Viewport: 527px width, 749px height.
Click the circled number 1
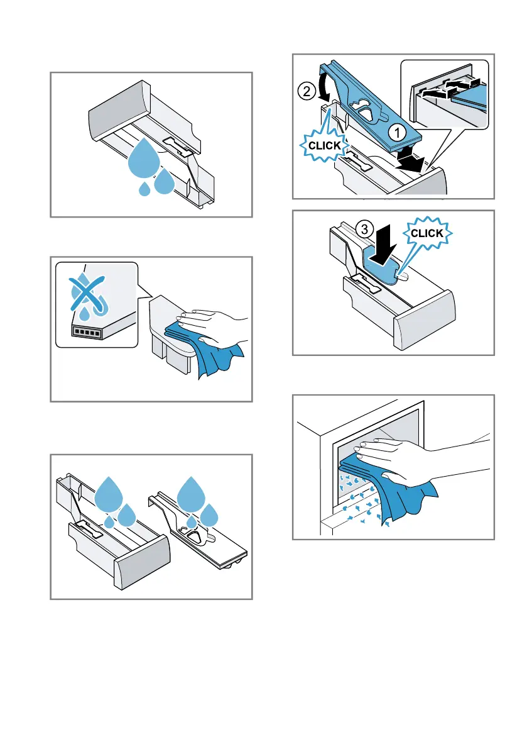point(397,132)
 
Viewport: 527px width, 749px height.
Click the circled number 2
point(307,91)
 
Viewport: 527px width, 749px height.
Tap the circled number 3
point(365,229)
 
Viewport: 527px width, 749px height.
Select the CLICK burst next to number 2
point(324,145)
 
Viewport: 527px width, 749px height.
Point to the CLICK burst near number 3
point(427,233)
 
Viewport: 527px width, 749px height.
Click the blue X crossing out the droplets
point(87,294)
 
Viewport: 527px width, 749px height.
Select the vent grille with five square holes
point(86,331)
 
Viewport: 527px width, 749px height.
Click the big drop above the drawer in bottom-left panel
point(109,494)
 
